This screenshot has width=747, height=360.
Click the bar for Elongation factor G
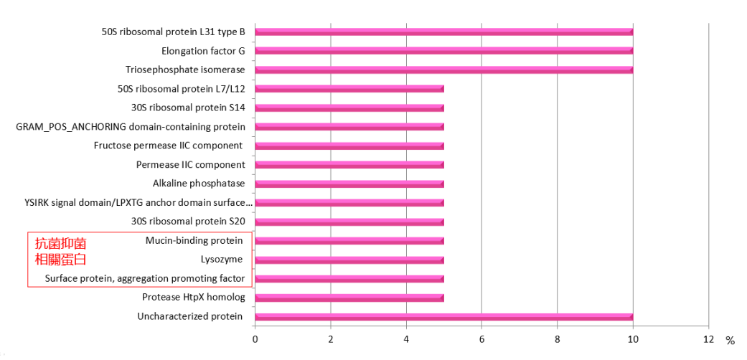pyautogui.click(x=443, y=51)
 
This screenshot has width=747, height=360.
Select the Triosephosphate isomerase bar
pyautogui.click(x=443, y=70)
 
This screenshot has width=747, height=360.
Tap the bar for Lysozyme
pyautogui.click(x=349, y=260)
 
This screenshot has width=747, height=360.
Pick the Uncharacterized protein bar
pyautogui.click(x=443, y=316)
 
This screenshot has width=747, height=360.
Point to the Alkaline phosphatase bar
pyautogui.click(x=349, y=184)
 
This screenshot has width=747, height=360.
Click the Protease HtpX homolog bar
pyautogui.click(x=349, y=298)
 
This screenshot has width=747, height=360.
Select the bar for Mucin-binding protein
pyautogui.click(x=349, y=241)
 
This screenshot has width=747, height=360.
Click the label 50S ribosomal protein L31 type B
pyautogui.click(x=173, y=32)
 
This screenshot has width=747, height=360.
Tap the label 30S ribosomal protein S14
pyautogui.click(x=188, y=108)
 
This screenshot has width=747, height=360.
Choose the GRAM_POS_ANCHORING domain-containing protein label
pyautogui.click(x=131, y=127)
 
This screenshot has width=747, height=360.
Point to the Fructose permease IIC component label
pyautogui.click(x=168, y=146)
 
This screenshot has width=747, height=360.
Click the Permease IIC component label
pyautogui.click(x=190, y=165)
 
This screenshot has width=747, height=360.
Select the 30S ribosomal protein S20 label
pyautogui.click(x=188, y=222)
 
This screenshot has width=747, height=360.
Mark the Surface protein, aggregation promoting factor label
pyautogui.click(x=145, y=278)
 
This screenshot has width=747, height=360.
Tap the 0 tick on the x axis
pyautogui.click(x=255, y=338)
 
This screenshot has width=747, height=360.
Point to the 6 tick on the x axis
pyautogui.click(x=481, y=338)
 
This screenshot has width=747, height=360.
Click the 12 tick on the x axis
pyautogui.click(x=708, y=338)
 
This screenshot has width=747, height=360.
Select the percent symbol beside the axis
pyautogui.click(x=730, y=341)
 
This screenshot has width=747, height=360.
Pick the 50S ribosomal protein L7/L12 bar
pyautogui.click(x=349, y=89)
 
